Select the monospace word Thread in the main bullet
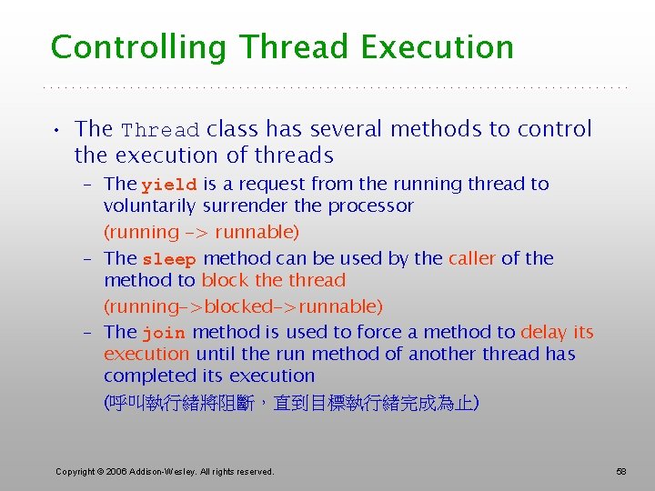tap(161, 130)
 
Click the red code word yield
tap(169, 185)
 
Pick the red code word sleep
tap(169, 259)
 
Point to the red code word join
tap(165, 334)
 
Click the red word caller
tap(471, 258)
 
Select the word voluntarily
tap(150, 206)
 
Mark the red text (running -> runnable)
tap(201, 233)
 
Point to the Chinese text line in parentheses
tap(291, 402)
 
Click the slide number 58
tap(621, 471)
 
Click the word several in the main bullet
tap(374, 129)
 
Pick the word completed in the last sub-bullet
tap(145, 376)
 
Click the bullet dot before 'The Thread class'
tap(56, 130)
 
